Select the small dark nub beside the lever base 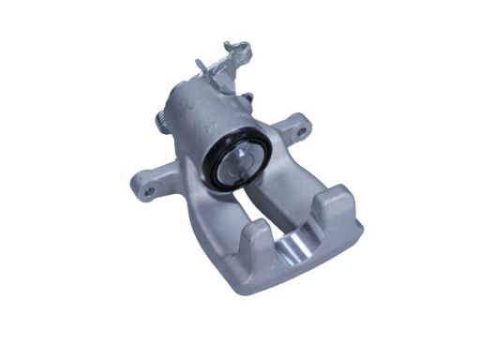coord(247,96)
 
